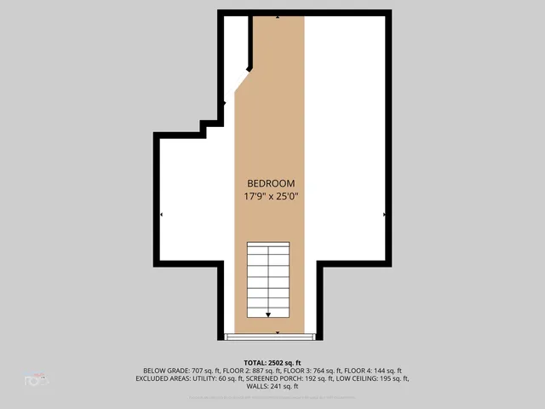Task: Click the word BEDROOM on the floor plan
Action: (x=271, y=183)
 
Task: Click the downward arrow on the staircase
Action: (x=268, y=314)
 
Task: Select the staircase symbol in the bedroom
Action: (x=268, y=279)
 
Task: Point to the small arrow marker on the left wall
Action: (x=161, y=215)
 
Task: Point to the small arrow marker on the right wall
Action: (x=385, y=215)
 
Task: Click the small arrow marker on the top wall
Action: (x=278, y=16)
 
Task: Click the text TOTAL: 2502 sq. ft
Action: (x=272, y=362)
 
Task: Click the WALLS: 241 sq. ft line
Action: (x=272, y=386)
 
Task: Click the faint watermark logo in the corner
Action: (x=36, y=379)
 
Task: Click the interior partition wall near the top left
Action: (x=250, y=43)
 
